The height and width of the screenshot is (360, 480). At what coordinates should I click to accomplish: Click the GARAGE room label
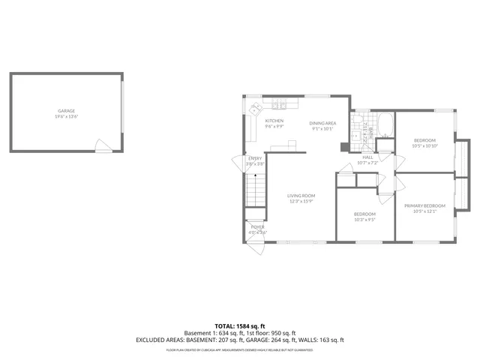coord(67,110)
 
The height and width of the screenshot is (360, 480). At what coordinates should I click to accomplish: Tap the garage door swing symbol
coord(101,143)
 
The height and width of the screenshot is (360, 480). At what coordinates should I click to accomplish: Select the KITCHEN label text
coord(274,121)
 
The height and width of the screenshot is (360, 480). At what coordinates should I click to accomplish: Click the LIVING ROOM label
coord(300,196)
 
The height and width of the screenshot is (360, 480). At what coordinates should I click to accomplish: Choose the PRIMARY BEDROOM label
coord(424,206)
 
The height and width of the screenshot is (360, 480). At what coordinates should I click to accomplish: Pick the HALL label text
coord(367,157)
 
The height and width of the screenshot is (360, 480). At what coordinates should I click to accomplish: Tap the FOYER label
coord(257,226)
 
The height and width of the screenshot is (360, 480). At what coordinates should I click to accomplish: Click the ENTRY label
coord(256,158)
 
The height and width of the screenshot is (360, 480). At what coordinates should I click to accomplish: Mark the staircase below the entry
coord(256,189)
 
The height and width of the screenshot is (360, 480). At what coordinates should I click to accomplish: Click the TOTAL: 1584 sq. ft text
coord(240,326)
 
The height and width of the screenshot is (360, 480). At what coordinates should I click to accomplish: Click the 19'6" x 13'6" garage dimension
coord(67,116)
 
